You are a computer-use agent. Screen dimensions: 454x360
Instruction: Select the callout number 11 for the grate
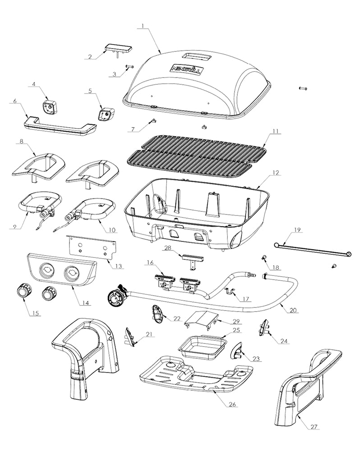click(x=275, y=132)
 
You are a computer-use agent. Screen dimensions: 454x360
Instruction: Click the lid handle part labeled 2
click(x=118, y=48)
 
